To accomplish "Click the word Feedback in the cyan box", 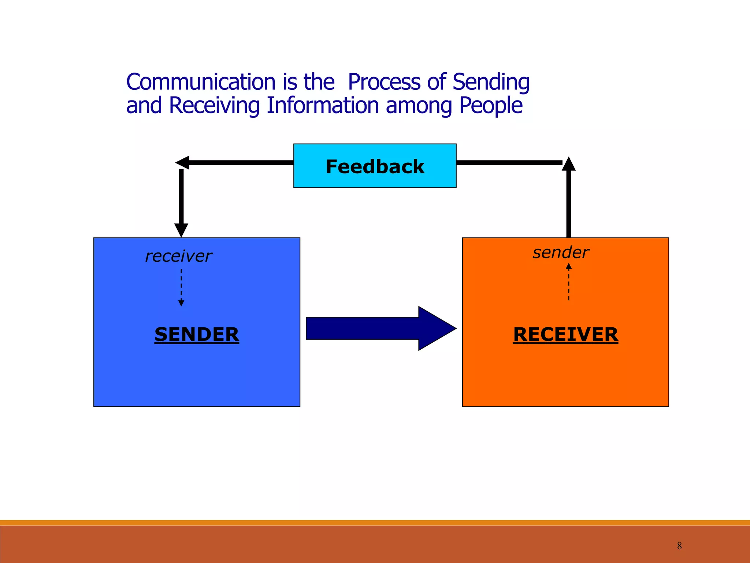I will pos(375,167).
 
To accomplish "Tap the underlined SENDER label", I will pos(197,334).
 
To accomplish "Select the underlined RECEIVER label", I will pos(565,334).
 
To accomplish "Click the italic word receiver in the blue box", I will pos(178,256).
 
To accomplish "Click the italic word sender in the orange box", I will pos(561,253).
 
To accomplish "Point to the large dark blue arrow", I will pos(381,328).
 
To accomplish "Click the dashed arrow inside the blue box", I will pos(181,288).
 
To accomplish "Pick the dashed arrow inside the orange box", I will pos(569,282).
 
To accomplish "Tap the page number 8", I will pos(679,546).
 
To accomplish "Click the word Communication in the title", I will pos(201,82).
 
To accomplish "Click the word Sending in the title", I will pos(491,82).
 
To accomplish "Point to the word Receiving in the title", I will pos(214,106).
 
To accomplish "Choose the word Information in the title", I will pos(323,106).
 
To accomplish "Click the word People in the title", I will pos(491,106).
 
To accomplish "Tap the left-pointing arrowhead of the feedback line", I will pos(182,162).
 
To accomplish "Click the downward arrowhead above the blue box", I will pos(181,230).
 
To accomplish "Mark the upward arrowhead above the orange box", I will pos(569,164).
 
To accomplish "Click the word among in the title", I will pos(419,106).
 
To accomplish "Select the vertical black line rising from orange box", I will pos(569,205).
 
